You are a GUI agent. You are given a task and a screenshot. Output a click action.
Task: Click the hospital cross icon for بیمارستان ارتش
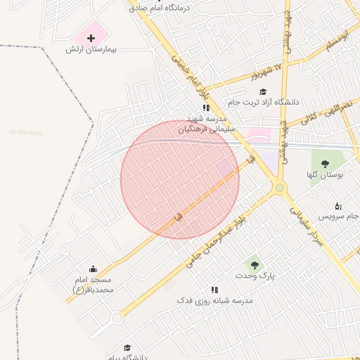tap(91, 37)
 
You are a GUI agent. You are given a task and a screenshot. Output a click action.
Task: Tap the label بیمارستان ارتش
tap(91, 50)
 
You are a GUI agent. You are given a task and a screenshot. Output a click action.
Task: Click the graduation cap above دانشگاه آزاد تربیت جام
tap(263, 91)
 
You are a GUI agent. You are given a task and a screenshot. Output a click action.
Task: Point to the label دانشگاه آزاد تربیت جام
tap(263, 103)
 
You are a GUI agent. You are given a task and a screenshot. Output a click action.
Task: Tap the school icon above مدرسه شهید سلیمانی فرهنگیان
tap(206, 108)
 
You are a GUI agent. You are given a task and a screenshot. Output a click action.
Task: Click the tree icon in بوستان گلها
tap(325, 163)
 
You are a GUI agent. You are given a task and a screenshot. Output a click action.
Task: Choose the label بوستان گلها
tap(324, 174)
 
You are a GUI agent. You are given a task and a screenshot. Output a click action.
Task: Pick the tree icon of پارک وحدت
tap(255, 265)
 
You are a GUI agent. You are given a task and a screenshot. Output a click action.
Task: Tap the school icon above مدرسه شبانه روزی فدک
tap(214, 290)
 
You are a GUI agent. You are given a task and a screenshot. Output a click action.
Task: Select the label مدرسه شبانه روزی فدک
tap(214, 300)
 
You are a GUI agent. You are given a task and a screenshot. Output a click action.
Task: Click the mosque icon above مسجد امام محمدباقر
tap(93, 269)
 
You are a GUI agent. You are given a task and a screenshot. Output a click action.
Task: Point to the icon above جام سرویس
tap(337, 206)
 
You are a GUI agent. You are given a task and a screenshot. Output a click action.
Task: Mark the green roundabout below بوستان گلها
tap(280, 187)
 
